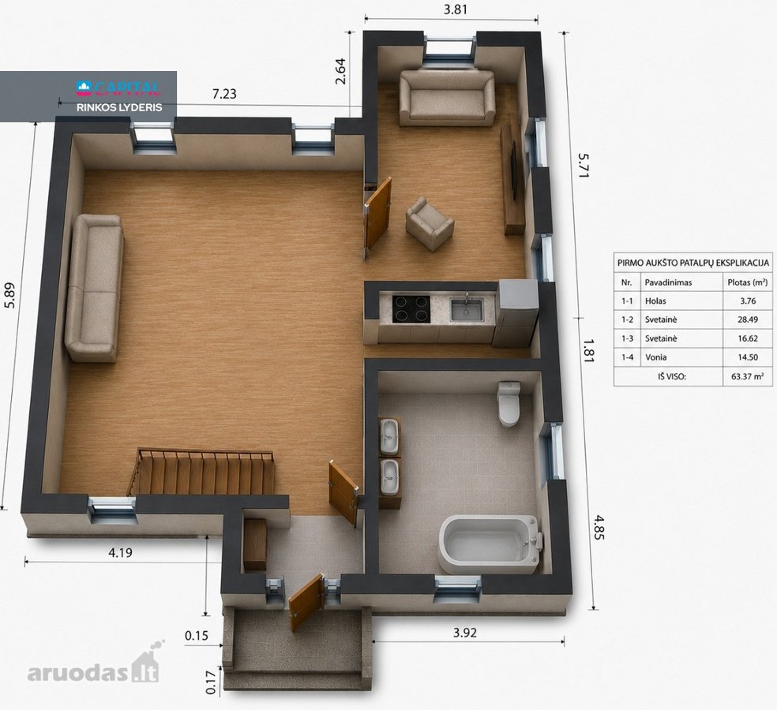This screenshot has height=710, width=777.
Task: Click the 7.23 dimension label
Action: click(224, 94)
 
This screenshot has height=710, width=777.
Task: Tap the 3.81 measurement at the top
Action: click(455, 9)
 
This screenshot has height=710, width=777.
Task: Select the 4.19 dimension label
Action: click(120, 552)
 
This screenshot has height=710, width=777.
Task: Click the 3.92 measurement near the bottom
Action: click(465, 632)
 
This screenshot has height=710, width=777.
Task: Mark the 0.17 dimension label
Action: click(210, 682)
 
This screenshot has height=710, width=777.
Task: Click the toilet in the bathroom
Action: click(509, 404)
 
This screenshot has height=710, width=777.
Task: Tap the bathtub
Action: click(490, 543)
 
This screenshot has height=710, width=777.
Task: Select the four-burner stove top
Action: click(411, 309)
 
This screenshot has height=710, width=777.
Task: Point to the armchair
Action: click(429, 224)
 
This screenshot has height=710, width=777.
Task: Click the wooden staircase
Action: click(201, 473)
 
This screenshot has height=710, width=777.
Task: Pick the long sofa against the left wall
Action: click(94, 287)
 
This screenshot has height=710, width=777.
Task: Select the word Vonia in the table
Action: click(655, 357)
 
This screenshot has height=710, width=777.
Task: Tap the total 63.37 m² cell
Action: click(747, 376)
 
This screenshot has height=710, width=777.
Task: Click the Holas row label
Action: click(655, 301)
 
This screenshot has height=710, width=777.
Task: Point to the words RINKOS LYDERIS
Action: click(119, 107)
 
